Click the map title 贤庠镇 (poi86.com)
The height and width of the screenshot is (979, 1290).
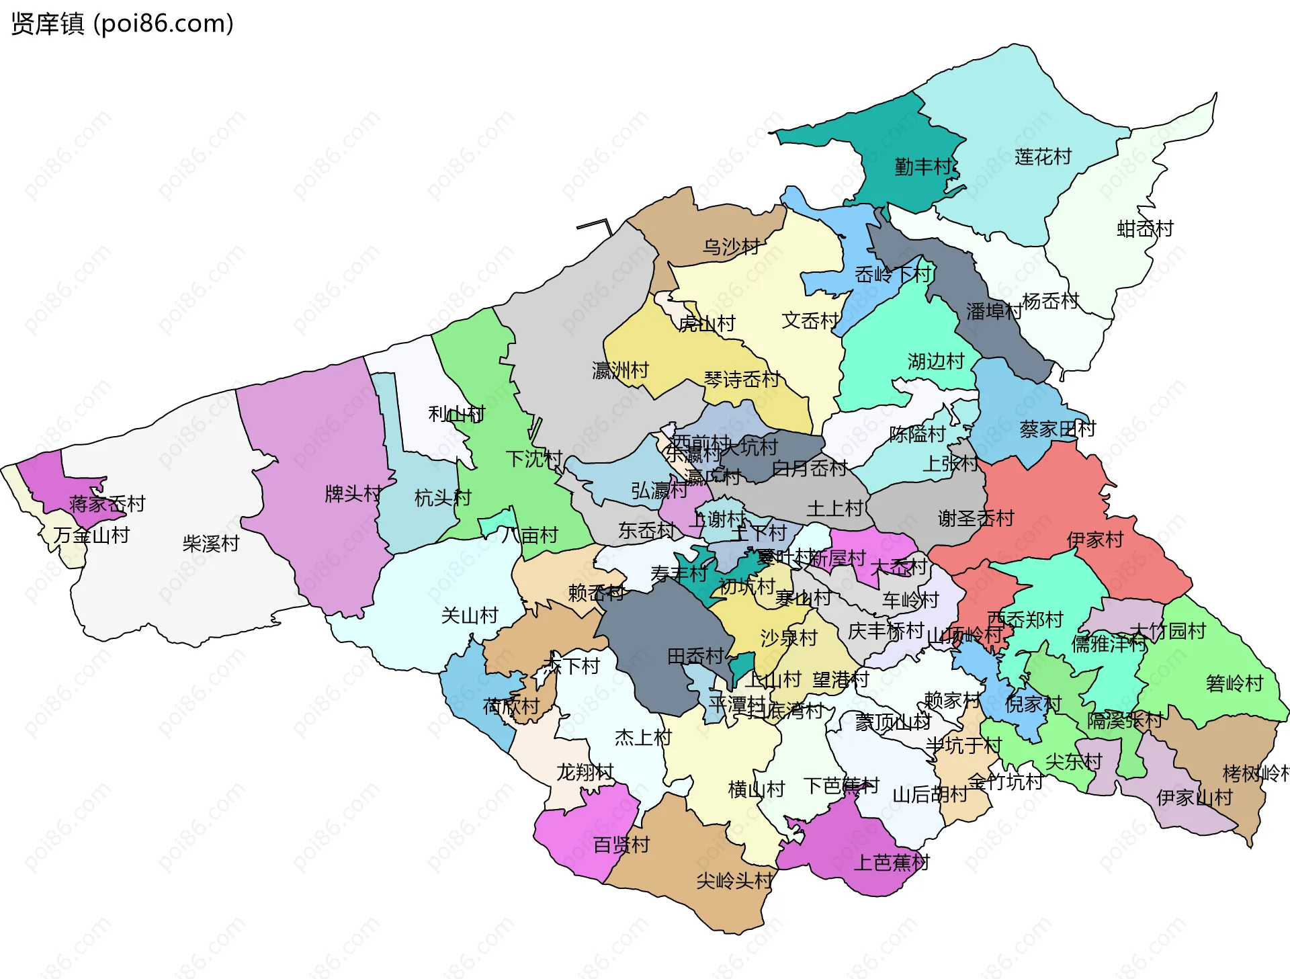(122, 24)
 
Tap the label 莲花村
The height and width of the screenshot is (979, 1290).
(1043, 157)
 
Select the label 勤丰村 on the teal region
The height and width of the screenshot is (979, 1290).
(922, 167)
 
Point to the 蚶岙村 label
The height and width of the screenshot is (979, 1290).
(1145, 229)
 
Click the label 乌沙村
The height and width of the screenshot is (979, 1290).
(731, 247)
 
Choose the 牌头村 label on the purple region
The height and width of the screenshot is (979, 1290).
(353, 494)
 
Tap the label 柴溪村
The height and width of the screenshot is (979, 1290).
(211, 543)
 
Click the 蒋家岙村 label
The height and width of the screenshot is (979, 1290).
(107, 503)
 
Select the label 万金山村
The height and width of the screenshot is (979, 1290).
(91, 535)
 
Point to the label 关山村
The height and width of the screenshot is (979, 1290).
(469, 615)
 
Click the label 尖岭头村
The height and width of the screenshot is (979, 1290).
(734, 880)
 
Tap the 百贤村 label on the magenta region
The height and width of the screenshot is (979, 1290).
(621, 844)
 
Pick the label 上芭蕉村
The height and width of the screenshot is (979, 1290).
(891, 862)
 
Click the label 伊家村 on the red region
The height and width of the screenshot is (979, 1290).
(1094, 540)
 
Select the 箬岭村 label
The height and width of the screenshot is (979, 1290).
(1234, 683)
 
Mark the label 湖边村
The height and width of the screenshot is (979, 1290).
(935, 361)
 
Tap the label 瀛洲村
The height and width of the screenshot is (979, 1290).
(620, 370)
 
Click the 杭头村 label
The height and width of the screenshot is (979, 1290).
(443, 498)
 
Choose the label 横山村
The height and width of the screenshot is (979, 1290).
(757, 789)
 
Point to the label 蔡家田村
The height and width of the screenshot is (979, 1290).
(1058, 429)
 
